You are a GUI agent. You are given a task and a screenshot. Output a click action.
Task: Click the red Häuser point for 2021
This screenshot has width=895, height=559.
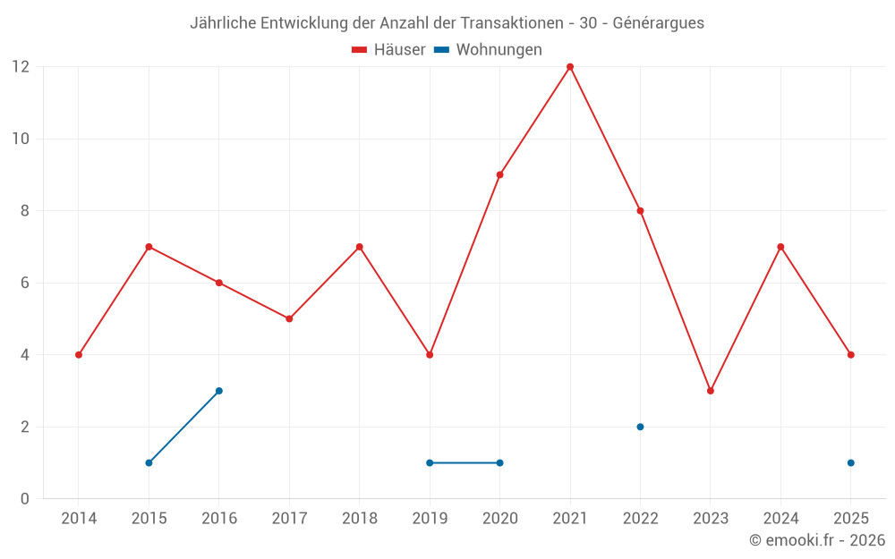pyautogui.click(x=570, y=67)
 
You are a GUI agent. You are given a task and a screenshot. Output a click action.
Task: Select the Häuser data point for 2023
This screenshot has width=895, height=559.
pyautogui.click(x=711, y=391)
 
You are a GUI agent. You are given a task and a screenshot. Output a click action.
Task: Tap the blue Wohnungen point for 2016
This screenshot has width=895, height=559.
pyautogui.click(x=219, y=391)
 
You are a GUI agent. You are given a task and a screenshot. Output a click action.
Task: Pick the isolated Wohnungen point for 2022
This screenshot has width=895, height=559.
pyautogui.click(x=640, y=427)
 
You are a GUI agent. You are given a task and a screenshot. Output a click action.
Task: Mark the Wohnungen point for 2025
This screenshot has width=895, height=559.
pyautogui.click(x=851, y=462)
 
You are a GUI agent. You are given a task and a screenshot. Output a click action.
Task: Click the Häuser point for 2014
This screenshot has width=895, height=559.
pyautogui.click(x=79, y=355)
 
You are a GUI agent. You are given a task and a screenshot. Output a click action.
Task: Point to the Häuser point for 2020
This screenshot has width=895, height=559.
pyautogui.click(x=499, y=174)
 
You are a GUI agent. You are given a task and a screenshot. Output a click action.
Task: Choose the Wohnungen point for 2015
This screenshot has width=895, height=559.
pyautogui.click(x=149, y=462)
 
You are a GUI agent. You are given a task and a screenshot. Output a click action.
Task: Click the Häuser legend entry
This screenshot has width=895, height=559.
pyautogui.click(x=388, y=50)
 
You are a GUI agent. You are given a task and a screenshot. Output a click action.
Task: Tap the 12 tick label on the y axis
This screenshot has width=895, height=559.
pyautogui.click(x=20, y=67)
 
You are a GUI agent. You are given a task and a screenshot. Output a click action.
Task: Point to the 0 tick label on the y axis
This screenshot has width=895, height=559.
pyautogui.click(x=25, y=499)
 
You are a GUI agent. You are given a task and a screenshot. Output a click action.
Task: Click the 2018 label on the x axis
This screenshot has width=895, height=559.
pyautogui.click(x=359, y=519)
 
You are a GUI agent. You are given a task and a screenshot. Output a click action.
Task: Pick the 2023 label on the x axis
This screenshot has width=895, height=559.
pyautogui.click(x=711, y=519)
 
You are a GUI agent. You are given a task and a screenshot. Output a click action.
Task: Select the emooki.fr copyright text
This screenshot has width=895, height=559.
pyautogui.click(x=817, y=540)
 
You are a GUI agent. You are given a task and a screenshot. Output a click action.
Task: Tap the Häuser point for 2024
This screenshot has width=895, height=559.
pyautogui.click(x=780, y=247)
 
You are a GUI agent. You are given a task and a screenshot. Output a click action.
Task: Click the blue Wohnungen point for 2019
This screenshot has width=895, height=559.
pyautogui.click(x=430, y=462)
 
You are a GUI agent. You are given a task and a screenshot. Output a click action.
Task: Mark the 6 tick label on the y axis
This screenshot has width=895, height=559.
pyautogui.click(x=25, y=283)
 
